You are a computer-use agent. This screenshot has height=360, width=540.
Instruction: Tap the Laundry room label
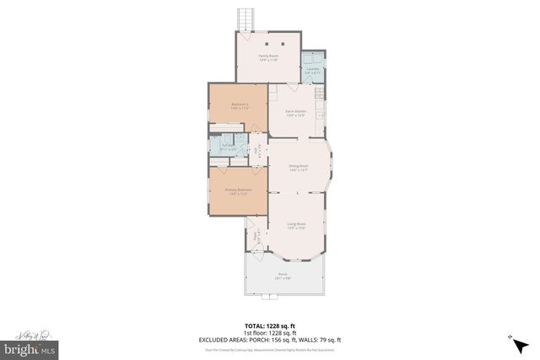tap(313, 71)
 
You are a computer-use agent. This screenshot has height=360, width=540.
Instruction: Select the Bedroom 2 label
tap(238, 106)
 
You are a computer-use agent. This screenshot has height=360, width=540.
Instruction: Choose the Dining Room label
tap(299, 168)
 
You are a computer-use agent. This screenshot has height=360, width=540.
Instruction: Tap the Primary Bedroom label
tap(238, 191)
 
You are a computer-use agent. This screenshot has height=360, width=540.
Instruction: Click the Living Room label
tap(296, 225)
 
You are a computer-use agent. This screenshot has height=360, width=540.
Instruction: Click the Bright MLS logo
tap(30, 347)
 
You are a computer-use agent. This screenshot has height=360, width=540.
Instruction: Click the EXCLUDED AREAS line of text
tap(270, 340)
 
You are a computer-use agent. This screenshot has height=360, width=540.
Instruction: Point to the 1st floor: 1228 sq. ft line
tap(270, 333)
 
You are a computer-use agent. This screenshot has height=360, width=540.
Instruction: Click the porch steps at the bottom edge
tap(272, 297)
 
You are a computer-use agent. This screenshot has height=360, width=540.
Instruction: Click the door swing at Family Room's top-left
tap(243, 37)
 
